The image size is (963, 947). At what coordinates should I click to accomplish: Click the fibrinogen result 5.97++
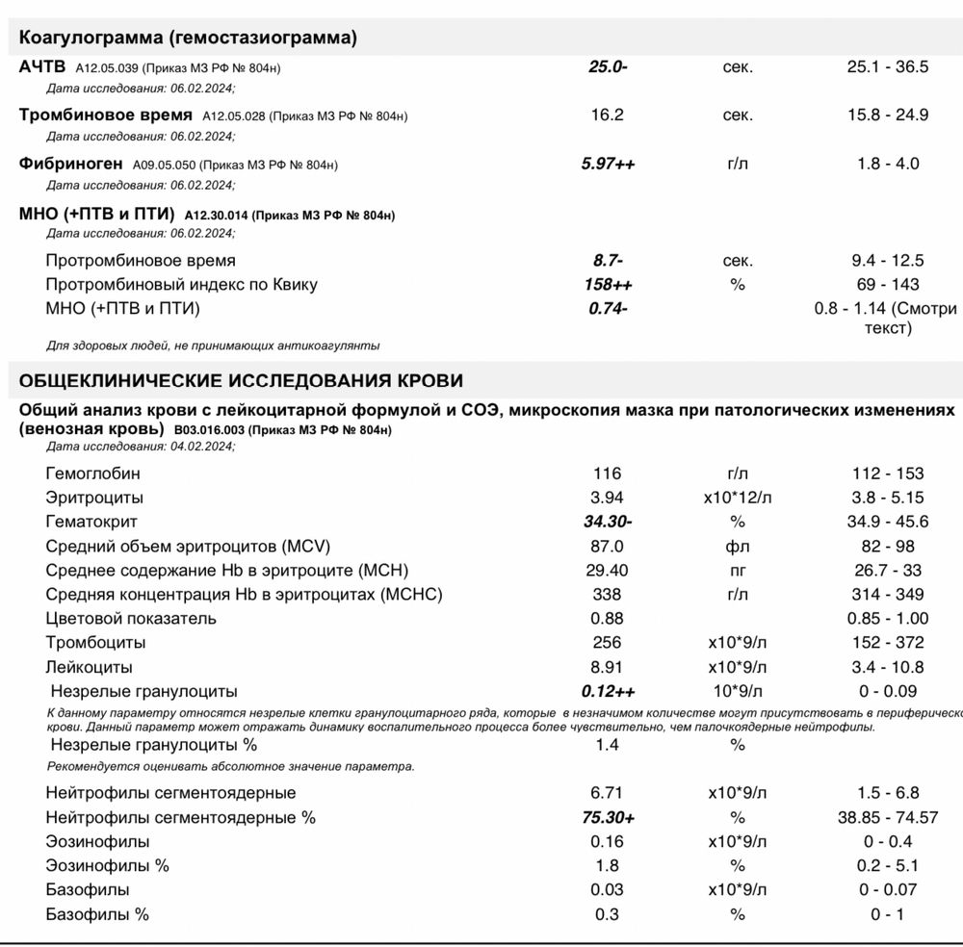point(608,164)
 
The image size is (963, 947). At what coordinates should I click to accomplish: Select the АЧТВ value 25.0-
point(608,67)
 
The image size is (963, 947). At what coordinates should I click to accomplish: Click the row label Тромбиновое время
point(105,115)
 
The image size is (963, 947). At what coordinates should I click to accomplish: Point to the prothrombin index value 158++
point(608,285)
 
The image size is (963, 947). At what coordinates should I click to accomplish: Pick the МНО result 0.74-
point(608,309)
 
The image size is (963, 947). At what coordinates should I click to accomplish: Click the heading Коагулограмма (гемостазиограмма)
point(189,38)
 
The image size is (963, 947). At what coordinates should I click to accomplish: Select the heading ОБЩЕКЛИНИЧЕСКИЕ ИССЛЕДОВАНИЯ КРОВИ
point(241,380)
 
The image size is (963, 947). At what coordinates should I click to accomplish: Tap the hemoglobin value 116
point(608,473)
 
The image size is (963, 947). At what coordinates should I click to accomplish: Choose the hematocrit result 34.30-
point(608,522)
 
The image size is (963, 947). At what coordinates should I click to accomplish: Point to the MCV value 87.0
point(608,546)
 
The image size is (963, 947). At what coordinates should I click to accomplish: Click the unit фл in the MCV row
point(738,546)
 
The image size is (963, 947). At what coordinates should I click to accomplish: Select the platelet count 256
point(608,643)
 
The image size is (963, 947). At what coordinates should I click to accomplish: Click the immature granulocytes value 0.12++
point(608,691)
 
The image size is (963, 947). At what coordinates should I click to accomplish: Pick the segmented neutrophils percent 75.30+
point(608,818)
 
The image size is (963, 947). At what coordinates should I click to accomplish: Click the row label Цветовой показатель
point(131,619)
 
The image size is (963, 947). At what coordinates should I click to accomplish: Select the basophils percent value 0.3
point(608,914)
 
